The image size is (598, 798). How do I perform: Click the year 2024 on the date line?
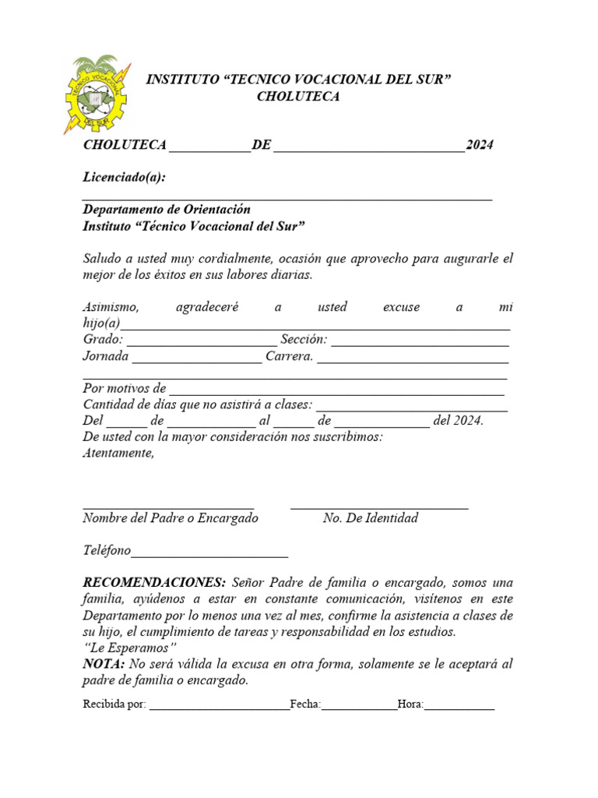(x=479, y=145)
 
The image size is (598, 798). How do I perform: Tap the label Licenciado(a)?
(x=124, y=177)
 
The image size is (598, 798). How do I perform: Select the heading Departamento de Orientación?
(x=167, y=210)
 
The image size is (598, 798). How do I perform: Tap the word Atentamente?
(x=118, y=454)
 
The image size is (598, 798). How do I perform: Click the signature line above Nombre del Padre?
(x=168, y=507)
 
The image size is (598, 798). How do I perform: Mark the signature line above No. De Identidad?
(x=379, y=507)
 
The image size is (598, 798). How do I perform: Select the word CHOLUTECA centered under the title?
(x=298, y=97)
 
